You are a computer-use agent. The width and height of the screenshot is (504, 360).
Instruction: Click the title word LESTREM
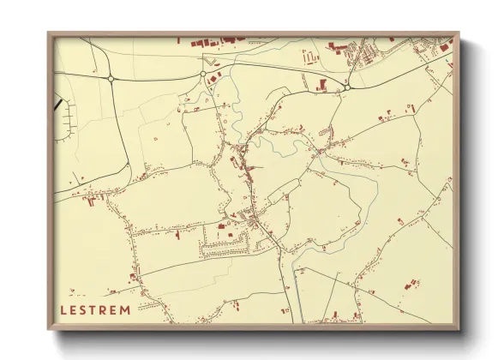click(x=96, y=309)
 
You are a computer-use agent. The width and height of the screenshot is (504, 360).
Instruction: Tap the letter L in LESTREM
click(x=63, y=309)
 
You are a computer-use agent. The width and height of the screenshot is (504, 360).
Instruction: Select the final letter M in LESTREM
click(x=126, y=309)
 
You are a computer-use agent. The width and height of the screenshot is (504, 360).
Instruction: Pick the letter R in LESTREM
click(x=105, y=309)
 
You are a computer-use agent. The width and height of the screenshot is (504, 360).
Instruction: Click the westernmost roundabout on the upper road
click(x=111, y=78)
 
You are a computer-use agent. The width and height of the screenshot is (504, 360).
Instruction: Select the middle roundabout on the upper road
click(x=203, y=75)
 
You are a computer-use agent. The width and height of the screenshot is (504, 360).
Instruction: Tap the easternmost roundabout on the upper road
click(x=347, y=86)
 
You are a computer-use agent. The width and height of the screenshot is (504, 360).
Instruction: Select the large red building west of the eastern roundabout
click(x=323, y=83)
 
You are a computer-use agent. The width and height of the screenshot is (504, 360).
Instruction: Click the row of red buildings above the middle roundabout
click(x=214, y=41)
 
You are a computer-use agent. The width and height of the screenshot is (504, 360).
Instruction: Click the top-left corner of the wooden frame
click(x=49, y=33)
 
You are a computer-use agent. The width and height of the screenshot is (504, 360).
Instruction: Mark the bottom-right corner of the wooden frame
click(x=459, y=329)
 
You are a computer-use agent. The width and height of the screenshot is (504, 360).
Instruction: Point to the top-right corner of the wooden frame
click(x=459, y=33)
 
